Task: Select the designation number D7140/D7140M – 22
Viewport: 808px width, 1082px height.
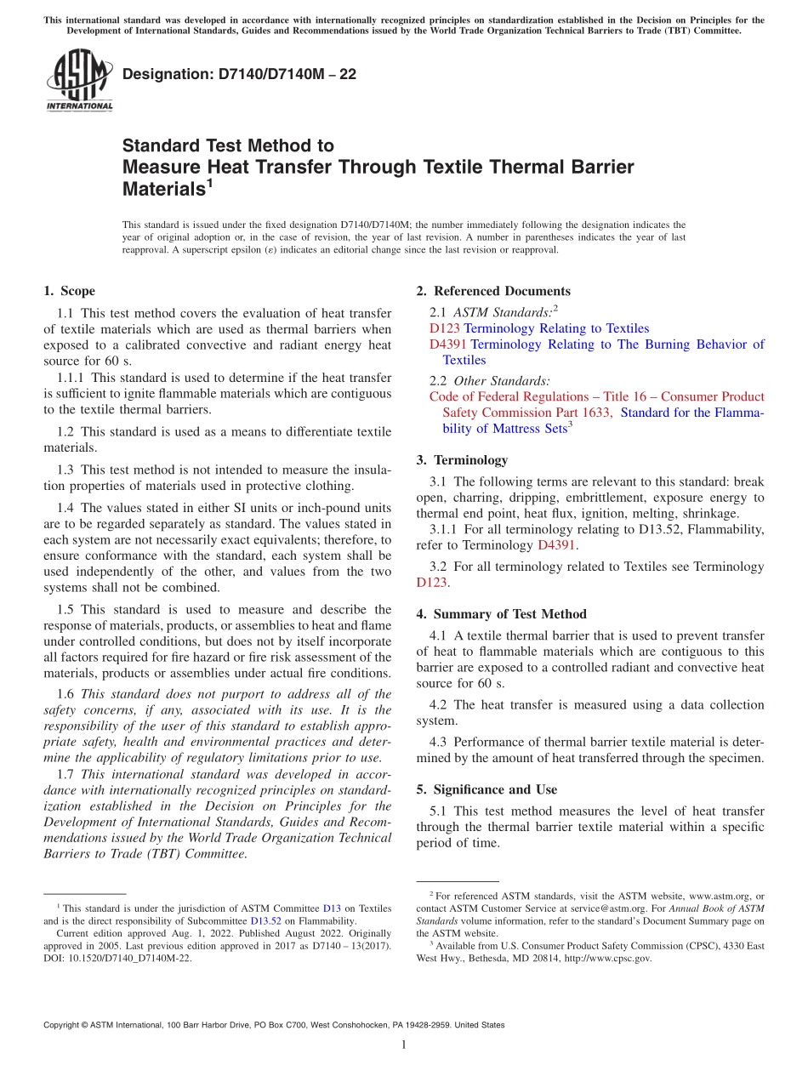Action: tap(239, 74)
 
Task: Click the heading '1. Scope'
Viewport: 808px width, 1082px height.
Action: tap(69, 291)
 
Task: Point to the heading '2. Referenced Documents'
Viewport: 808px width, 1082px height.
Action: tap(493, 291)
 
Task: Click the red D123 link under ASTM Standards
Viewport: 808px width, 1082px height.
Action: tap(445, 328)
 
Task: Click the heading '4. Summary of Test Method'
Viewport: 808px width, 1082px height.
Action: tap(501, 614)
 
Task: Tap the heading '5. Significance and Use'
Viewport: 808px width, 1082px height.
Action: tap(487, 789)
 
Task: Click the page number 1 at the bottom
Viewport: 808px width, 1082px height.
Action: tap(404, 1045)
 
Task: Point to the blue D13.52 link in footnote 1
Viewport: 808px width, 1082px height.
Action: tap(267, 920)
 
